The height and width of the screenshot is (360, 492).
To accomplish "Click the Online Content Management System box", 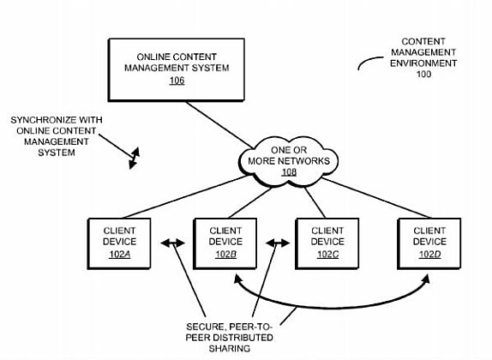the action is click(177, 69).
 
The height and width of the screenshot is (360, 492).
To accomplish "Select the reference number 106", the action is click(177, 81).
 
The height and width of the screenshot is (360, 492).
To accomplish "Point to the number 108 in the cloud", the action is click(289, 172).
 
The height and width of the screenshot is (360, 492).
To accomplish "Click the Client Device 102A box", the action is click(119, 243).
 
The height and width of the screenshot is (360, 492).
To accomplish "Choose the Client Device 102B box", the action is click(225, 243).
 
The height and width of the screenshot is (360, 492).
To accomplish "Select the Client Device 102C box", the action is click(327, 243).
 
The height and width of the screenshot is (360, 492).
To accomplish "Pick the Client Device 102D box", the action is click(429, 243).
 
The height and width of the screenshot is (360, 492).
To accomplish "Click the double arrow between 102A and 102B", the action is click(172, 243).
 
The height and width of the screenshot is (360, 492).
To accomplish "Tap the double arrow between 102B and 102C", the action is click(278, 243).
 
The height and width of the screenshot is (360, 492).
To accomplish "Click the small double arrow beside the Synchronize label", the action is click(135, 158).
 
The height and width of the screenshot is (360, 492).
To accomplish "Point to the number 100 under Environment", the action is click(423, 74).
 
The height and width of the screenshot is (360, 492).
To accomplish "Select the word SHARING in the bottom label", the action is click(230, 348).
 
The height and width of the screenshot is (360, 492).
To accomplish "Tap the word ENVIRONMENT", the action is click(423, 63).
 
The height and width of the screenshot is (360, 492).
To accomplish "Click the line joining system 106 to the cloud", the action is click(219, 124).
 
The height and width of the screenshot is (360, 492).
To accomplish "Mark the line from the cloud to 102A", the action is click(186, 197).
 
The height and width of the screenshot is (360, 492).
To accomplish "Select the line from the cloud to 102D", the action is click(376, 198).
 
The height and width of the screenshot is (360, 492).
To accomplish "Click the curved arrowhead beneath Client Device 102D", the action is click(426, 279).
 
